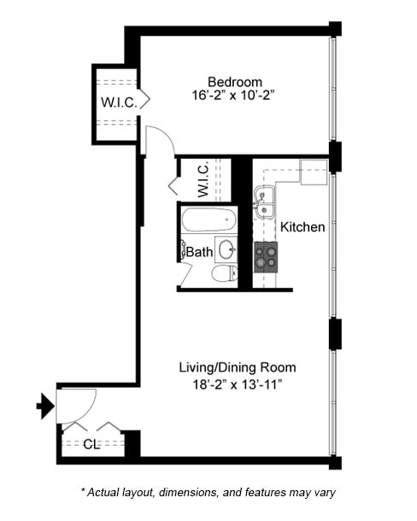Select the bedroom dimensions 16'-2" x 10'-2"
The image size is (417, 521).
[221, 96]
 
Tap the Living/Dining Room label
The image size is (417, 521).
[237, 367]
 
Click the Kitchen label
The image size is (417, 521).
[302, 227]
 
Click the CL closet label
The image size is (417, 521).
[93, 444]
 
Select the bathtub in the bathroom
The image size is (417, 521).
[208, 220]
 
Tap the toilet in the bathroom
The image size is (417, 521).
[224, 274]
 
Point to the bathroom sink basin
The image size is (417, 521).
[226, 250]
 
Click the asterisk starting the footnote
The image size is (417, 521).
[83, 490]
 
